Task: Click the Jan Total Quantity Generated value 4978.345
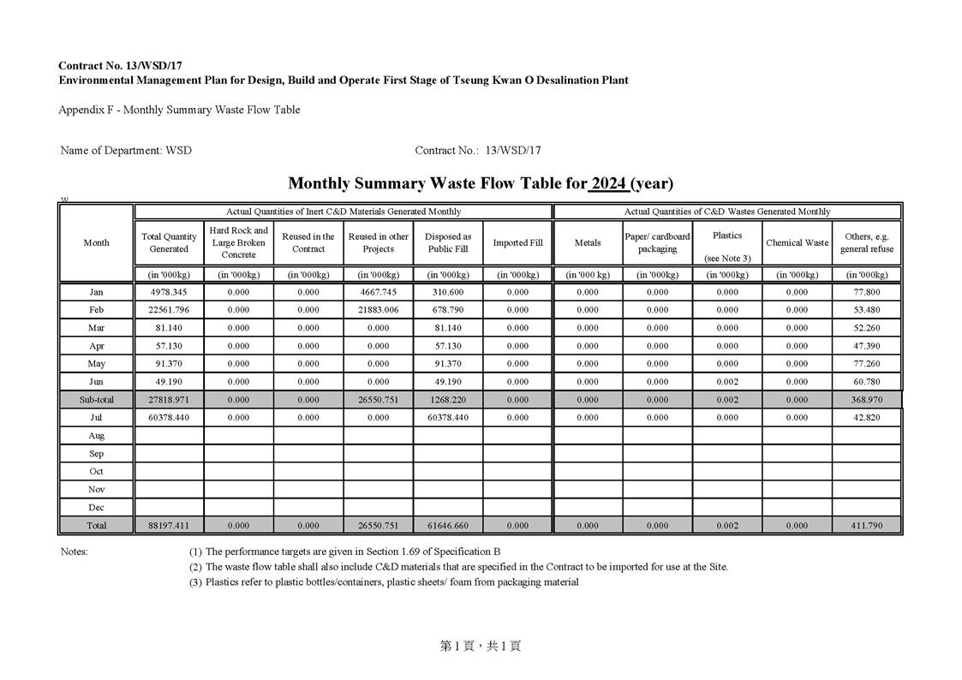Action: click(x=169, y=293)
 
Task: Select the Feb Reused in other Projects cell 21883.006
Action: click(x=378, y=310)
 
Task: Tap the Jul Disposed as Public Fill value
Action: click(x=448, y=417)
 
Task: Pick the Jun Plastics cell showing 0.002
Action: click(x=727, y=382)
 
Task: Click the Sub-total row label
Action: click(x=96, y=400)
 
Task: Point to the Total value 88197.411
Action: click(x=169, y=525)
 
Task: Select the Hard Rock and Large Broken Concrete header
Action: click(x=238, y=242)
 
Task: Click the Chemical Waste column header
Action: click(x=797, y=242)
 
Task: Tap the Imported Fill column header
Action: click(x=517, y=242)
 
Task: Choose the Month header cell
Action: click(x=96, y=242)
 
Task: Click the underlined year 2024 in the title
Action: click(x=608, y=183)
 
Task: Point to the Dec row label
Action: click(x=96, y=507)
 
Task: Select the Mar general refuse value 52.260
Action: click(x=867, y=328)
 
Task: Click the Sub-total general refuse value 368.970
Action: click(x=867, y=400)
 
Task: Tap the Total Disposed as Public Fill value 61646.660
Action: click(x=448, y=525)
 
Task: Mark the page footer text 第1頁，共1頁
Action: click(x=481, y=647)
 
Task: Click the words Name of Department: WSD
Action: click(x=126, y=151)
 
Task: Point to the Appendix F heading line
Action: click(x=179, y=110)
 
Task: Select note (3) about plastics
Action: click(x=384, y=582)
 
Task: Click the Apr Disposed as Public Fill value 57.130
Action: click(x=448, y=346)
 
